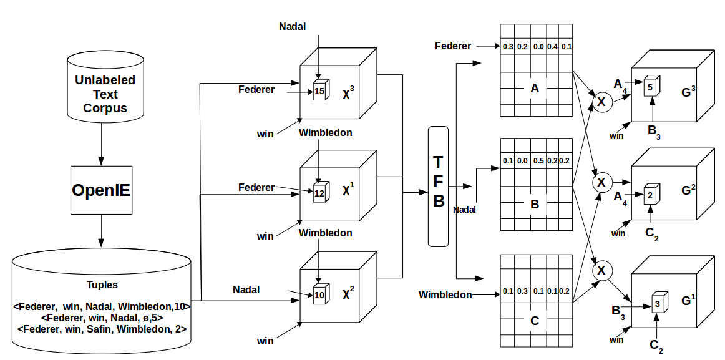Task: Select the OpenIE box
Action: point(101,191)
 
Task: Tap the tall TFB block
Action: point(439,185)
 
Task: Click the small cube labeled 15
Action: point(319,90)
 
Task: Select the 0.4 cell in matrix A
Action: point(552,46)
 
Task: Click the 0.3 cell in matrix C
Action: point(523,291)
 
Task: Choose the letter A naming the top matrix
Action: point(534,89)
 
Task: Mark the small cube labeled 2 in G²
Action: point(650,195)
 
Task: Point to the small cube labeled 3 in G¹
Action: point(657,304)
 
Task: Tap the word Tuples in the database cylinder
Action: point(102,285)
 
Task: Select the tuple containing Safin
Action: point(102,328)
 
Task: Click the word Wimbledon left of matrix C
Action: point(445,294)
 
